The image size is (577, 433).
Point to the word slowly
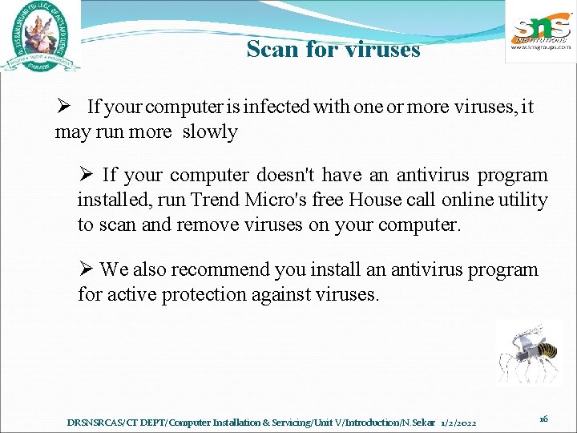[x=210, y=132]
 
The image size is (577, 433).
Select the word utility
[x=523, y=200]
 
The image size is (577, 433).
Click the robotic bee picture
[x=529, y=353]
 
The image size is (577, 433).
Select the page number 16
[x=543, y=419]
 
